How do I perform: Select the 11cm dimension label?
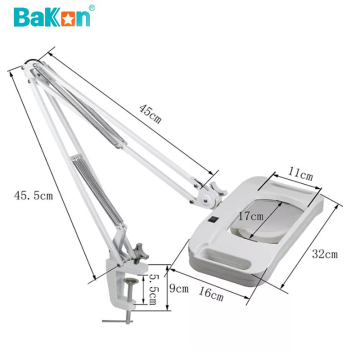pos(299,174)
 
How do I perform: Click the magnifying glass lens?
pos(262,223)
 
